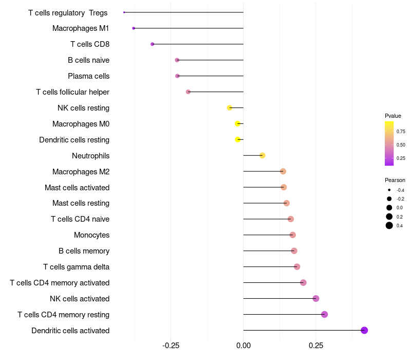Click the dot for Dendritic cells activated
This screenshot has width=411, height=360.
tap(364, 330)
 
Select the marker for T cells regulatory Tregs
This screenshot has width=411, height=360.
tap(124, 12)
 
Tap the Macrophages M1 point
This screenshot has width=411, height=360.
tap(134, 28)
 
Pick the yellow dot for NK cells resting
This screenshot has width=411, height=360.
tap(229, 108)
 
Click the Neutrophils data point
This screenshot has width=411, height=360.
tap(263, 156)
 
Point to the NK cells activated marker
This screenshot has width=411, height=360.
tap(316, 299)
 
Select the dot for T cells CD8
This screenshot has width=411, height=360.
tap(152, 44)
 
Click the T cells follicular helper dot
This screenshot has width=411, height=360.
tap(188, 92)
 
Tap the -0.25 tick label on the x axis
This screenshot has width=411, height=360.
tap(171, 346)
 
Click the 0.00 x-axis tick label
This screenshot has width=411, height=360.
tap(244, 346)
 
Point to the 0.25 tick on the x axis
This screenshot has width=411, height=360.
tap(316, 346)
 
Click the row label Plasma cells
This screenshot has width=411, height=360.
tap(88, 76)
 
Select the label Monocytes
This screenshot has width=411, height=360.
tap(92, 235)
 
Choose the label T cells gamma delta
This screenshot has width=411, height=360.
tap(76, 267)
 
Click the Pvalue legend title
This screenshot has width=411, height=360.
tap(393, 116)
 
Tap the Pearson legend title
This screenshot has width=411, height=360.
tap(395, 181)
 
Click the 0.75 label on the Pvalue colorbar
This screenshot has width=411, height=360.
tap(401, 132)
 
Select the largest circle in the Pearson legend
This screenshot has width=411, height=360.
tap(389, 225)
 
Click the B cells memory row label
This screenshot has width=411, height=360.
tap(84, 251)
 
